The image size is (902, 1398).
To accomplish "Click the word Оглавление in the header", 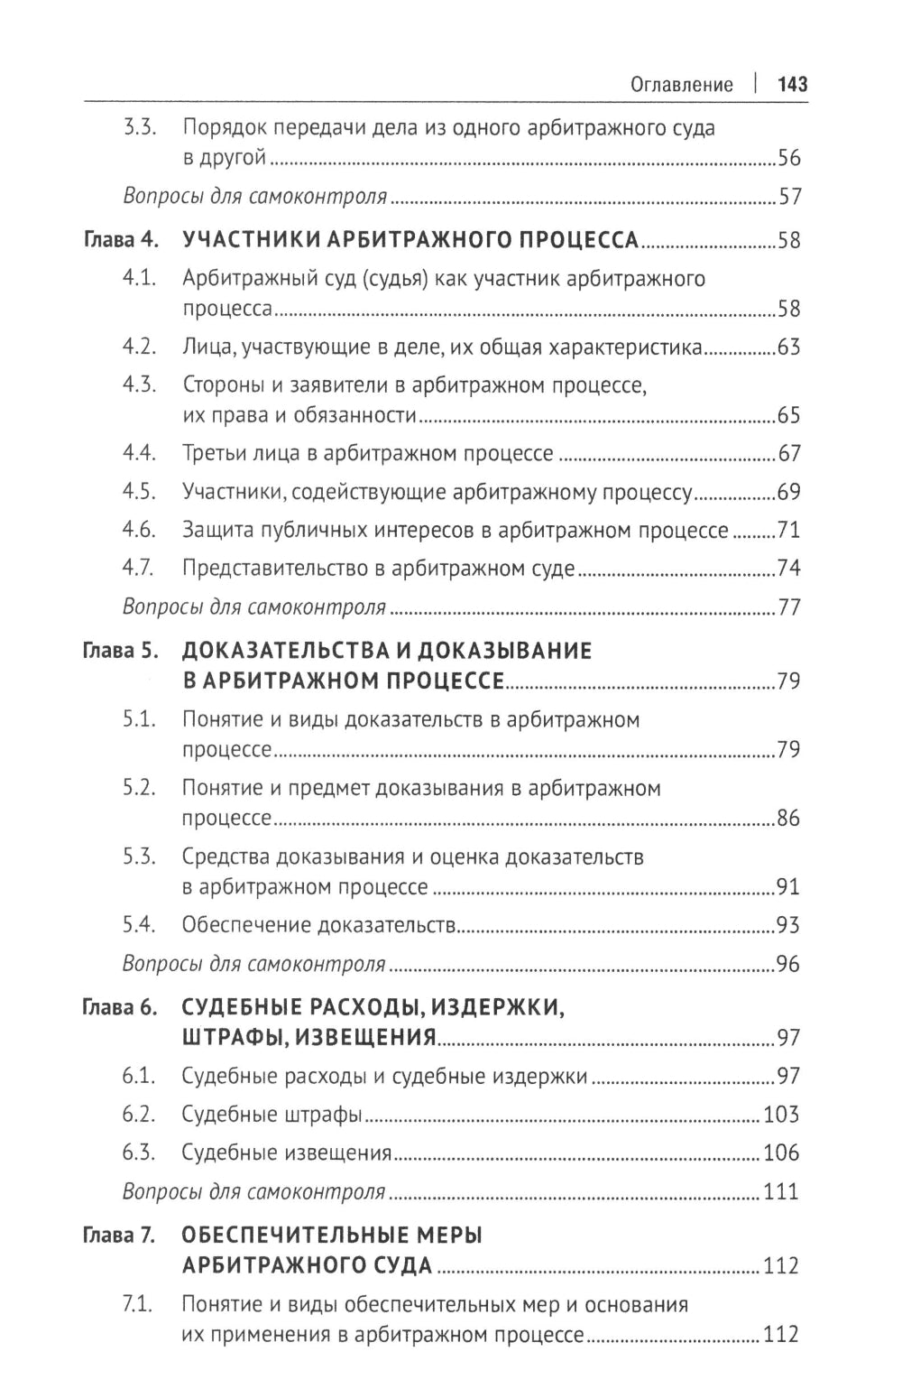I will pos(681,85).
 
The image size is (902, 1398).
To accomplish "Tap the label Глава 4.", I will pos(121,240).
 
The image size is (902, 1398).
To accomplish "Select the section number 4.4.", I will pos(140,453).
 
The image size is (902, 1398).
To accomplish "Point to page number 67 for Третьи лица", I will pos(788,453).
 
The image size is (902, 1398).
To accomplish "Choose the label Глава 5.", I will pos(121,651).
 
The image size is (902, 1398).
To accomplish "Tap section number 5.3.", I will pos(140,856).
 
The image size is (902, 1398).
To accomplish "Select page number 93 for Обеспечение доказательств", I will pos(788,925).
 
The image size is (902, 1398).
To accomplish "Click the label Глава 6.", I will pos(121,1006).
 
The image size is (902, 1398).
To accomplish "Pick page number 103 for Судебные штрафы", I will pos(781,1115).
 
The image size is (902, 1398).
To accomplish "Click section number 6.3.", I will pos(140,1153).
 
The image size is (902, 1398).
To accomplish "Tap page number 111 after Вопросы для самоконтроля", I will pos(781,1191).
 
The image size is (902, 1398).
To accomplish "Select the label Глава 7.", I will pos(121,1236).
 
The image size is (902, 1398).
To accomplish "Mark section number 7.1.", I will pos(140,1304).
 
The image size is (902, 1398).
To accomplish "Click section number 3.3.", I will pos(140,128).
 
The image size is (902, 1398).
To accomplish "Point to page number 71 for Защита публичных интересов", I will pos(788,530).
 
